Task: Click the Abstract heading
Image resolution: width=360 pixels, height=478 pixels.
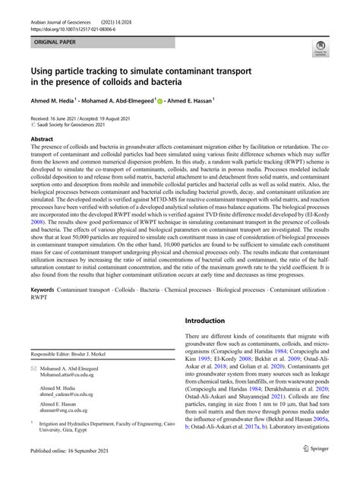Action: pos(41,140)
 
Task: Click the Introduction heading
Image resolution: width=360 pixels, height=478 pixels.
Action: pos(213,342)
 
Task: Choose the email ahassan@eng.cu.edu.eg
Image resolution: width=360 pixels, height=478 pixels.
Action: pos(77,434)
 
